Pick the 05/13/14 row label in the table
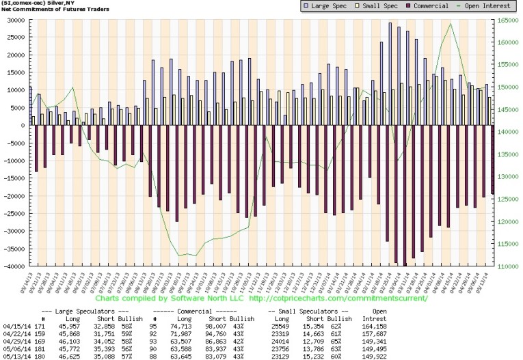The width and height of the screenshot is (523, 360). (16, 355)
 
